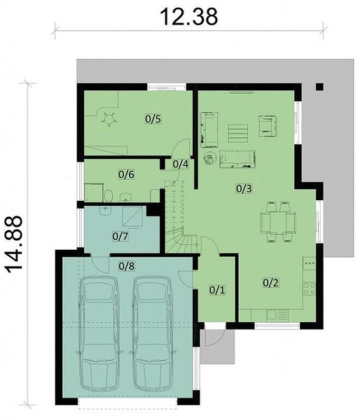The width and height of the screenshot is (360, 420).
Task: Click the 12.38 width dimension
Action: (189, 17)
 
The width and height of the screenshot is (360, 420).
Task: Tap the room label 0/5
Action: (153, 119)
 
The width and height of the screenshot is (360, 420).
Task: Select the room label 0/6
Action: (126, 174)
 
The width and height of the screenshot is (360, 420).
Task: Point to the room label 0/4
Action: (181, 164)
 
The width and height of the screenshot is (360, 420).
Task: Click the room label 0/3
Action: (244, 189)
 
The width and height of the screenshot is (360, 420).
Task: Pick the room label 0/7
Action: (120, 237)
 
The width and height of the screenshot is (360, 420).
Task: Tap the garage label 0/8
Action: (127, 266)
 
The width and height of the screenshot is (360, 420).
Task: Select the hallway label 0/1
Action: (217, 290)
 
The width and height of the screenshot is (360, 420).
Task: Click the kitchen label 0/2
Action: (271, 283)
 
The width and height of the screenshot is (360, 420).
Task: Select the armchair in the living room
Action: (268, 126)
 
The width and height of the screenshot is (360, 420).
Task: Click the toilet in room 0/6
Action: (109, 196)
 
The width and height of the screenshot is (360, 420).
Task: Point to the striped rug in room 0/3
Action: (238, 133)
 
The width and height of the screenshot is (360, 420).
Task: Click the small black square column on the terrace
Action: (320, 87)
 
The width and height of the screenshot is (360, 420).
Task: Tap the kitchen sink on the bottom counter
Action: (272, 315)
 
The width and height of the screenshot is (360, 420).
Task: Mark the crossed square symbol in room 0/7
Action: (132, 217)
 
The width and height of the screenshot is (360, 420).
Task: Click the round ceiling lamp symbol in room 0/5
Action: (109, 119)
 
